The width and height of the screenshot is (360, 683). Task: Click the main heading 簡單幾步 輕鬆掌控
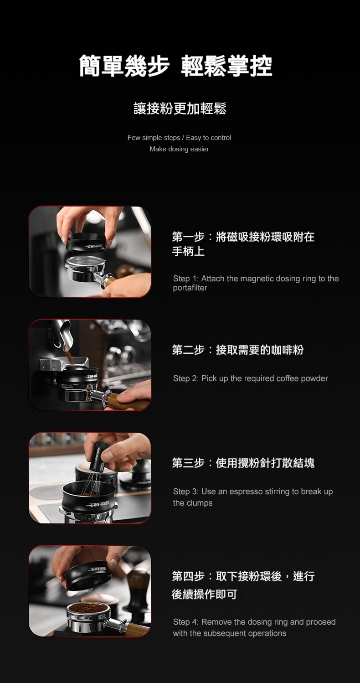point(175,66)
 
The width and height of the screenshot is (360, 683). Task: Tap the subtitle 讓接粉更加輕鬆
point(180,109)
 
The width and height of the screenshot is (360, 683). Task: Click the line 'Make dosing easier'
point(179,149)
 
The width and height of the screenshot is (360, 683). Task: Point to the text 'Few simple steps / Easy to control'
point(179,138)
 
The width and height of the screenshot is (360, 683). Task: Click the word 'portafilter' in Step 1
point(190,288)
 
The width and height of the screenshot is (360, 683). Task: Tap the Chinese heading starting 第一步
point(243,244)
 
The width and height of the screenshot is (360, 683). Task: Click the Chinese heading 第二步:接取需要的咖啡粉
point(238,350)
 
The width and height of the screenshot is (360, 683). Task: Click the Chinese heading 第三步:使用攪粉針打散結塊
point(243,463)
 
